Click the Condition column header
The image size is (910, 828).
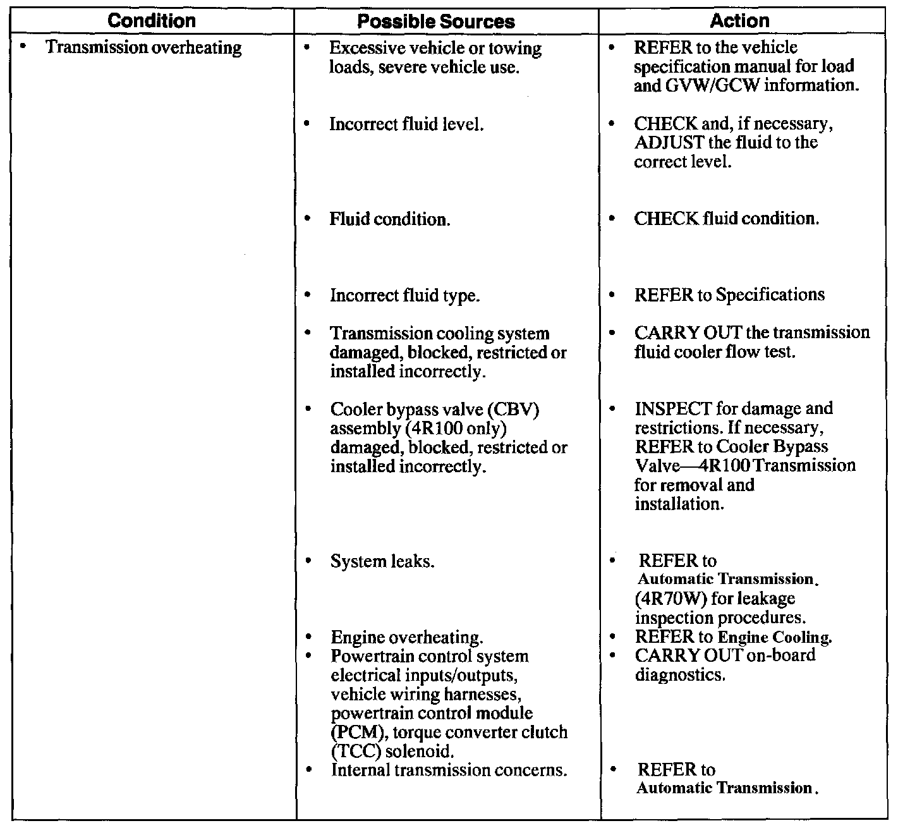[152, 21]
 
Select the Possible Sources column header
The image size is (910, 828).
[436, 22]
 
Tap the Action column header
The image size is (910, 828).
[739, 21]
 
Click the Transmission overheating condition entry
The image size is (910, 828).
[143, 48]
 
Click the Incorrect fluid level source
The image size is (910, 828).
[406, 124]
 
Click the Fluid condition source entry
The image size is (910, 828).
[390, 219]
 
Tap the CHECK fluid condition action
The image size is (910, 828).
[726, 219]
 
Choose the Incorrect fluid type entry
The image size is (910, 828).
[404, 295]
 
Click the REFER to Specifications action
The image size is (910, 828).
[729, 295]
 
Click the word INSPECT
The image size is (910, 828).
[673, 408]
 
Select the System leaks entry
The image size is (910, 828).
[382, 561]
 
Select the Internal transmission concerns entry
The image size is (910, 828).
[449, 770]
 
